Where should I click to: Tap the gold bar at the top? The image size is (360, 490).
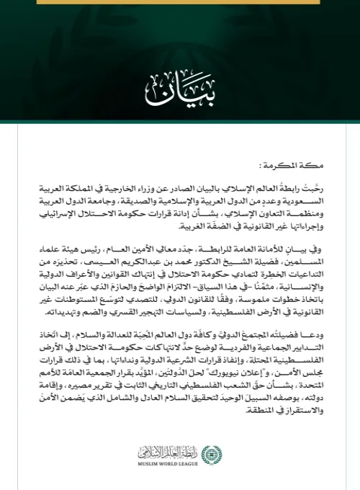[179, 3]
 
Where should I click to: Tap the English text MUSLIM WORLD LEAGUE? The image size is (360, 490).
[172, 465]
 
